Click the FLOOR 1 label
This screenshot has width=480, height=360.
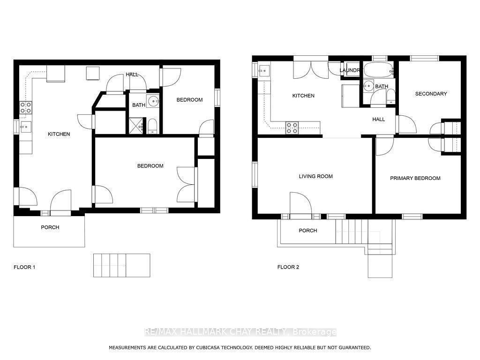point(24,267)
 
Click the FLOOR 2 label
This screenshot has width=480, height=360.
point(288,267)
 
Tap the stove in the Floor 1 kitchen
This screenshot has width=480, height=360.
point(25,108)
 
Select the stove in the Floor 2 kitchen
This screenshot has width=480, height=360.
point(292,128)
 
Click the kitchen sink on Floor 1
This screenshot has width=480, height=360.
point(25,127)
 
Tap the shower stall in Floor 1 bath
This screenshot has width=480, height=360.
point(137,126)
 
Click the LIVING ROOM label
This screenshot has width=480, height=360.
point(315,176)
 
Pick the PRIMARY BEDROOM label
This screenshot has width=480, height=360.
point(415,178)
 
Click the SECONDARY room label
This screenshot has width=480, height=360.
point(431,94)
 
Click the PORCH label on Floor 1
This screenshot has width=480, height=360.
point(50,227)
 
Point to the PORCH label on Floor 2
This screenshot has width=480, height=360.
point(307,231)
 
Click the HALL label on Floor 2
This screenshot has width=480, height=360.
point(378,120)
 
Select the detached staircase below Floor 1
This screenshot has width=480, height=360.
point(121,265)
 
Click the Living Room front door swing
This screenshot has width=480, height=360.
point(300,202)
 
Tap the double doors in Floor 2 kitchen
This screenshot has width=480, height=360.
point(312,70)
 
